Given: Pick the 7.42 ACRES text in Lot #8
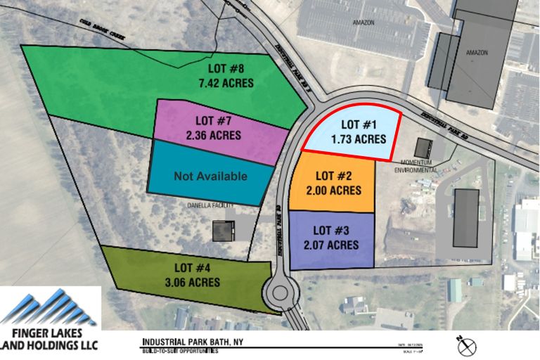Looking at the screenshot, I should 226,83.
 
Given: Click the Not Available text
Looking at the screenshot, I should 210,176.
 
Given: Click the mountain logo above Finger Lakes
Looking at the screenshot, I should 50,307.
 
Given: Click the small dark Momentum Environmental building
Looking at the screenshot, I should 423,148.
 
